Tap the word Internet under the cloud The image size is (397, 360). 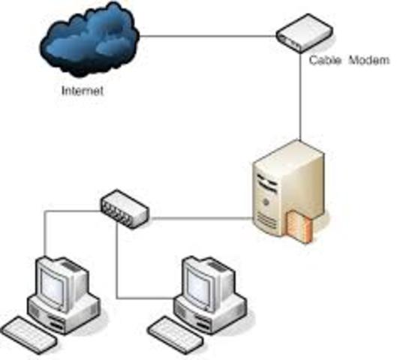(x=82, y=92)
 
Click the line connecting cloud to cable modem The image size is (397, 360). (x=210, y=34)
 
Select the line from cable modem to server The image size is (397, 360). (x=301, y=97)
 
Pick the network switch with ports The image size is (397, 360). (x=124, y=203)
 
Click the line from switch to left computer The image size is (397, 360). (x=45, y=232)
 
